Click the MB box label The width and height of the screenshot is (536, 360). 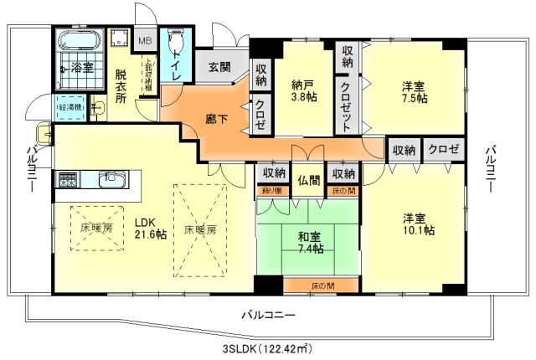144,40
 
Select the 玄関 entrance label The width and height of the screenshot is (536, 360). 219,67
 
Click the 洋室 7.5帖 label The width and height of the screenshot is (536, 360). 414,91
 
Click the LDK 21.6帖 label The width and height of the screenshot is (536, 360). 151,229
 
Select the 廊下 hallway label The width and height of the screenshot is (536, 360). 216,120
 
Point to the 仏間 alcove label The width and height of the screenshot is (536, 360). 309,179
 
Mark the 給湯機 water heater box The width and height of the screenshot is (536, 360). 69,107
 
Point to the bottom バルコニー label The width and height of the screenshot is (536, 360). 267,316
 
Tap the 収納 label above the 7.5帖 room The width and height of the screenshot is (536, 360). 348,55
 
